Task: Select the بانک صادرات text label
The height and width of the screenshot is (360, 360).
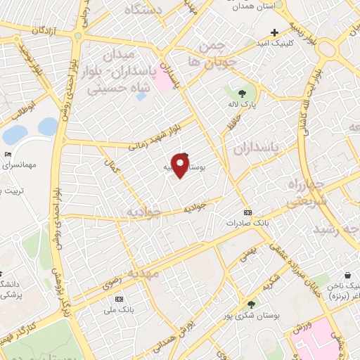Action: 243,223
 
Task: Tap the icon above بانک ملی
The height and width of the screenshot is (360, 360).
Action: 117,299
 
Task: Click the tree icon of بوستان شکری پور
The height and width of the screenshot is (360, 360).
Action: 251,304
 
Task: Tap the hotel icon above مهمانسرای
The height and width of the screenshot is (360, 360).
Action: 8,154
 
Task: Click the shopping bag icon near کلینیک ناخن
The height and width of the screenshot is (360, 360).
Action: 347,276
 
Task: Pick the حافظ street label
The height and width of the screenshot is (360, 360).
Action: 229,127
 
